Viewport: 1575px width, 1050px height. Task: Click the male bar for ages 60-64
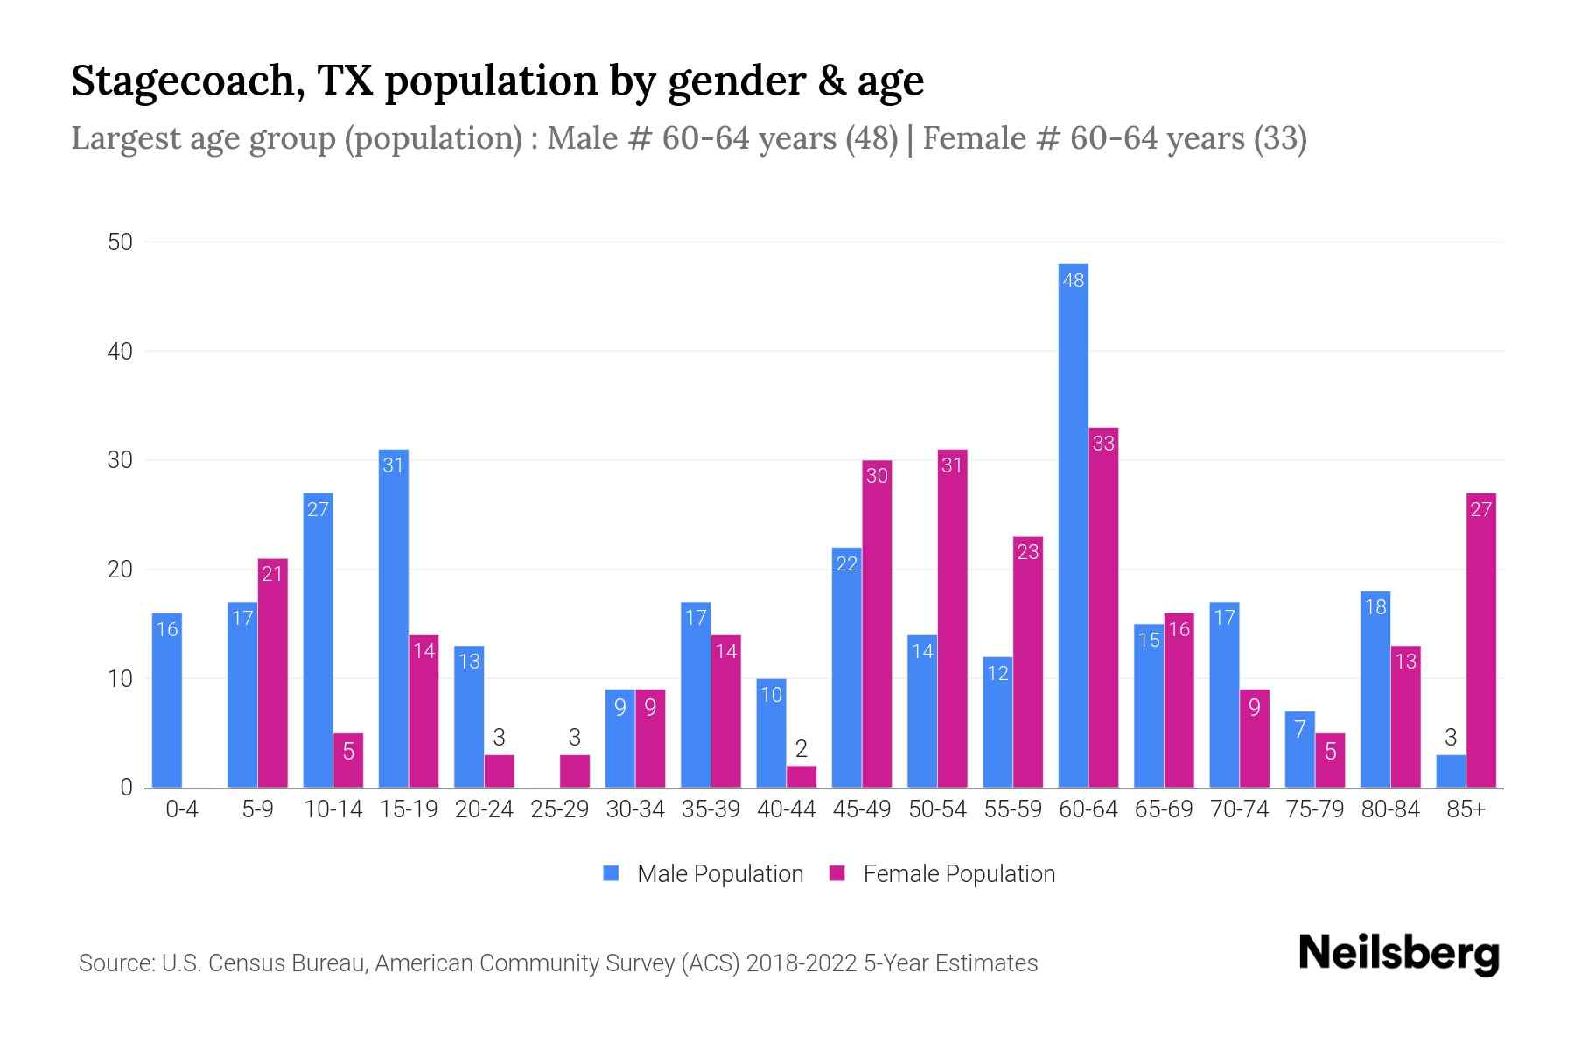pyautogui.click(x=1073, y=525)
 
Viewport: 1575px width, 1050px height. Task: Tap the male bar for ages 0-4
pyautogui.click(x=166, y=700)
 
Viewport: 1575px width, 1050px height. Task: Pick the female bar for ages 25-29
pyautogui.click(x=574, y=771)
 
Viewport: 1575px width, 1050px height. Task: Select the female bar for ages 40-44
pyautogui.click(x=801, y=776)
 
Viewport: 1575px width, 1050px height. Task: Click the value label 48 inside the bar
pyautogui.click(x=1073, y=280)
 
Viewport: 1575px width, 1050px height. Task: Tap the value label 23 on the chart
pyautogui.click(x=1027, y=552)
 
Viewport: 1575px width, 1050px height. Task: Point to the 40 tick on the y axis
pyautogui.click(x=120, y=352)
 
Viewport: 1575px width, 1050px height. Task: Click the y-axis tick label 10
pyautogui.click(x=120, y=679)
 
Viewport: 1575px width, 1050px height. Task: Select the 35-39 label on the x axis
pyautogui.click(x=710, y=809)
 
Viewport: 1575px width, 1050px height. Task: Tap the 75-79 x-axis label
pyautogui.click(x=1314, y=809)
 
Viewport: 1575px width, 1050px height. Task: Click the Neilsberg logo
pyautogui.click(x=1398, y=954)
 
